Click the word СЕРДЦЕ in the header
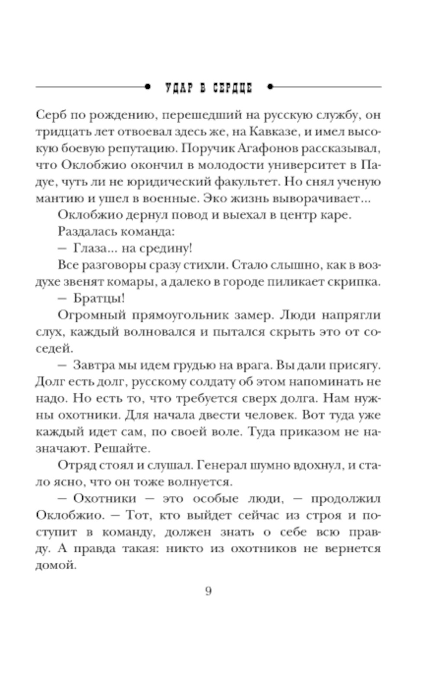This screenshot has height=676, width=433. [232, 88]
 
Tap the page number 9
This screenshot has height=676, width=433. [208, 591]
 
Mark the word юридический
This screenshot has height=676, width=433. [170, 182]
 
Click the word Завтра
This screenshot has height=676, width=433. [94, 365]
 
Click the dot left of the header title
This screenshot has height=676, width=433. [148, 87]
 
